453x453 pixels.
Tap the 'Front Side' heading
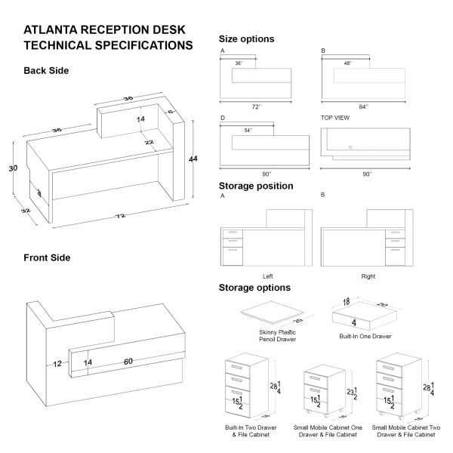tap(47, 257)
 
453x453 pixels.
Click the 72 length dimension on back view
tap(119, 217)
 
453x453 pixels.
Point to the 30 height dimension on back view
tap(13, 168)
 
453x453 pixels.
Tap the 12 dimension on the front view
tap(57, 364)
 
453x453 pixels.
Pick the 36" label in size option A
tap(239, 63)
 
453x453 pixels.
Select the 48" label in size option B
tap(349, 63)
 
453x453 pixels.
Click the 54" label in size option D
tap(248, 131)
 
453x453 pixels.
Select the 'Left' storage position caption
tap(267, 276)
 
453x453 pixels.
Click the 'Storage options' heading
tap(254, 288)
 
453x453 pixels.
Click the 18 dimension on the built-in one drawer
tap(347, 302)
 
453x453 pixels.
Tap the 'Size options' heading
tap(246, 39)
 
